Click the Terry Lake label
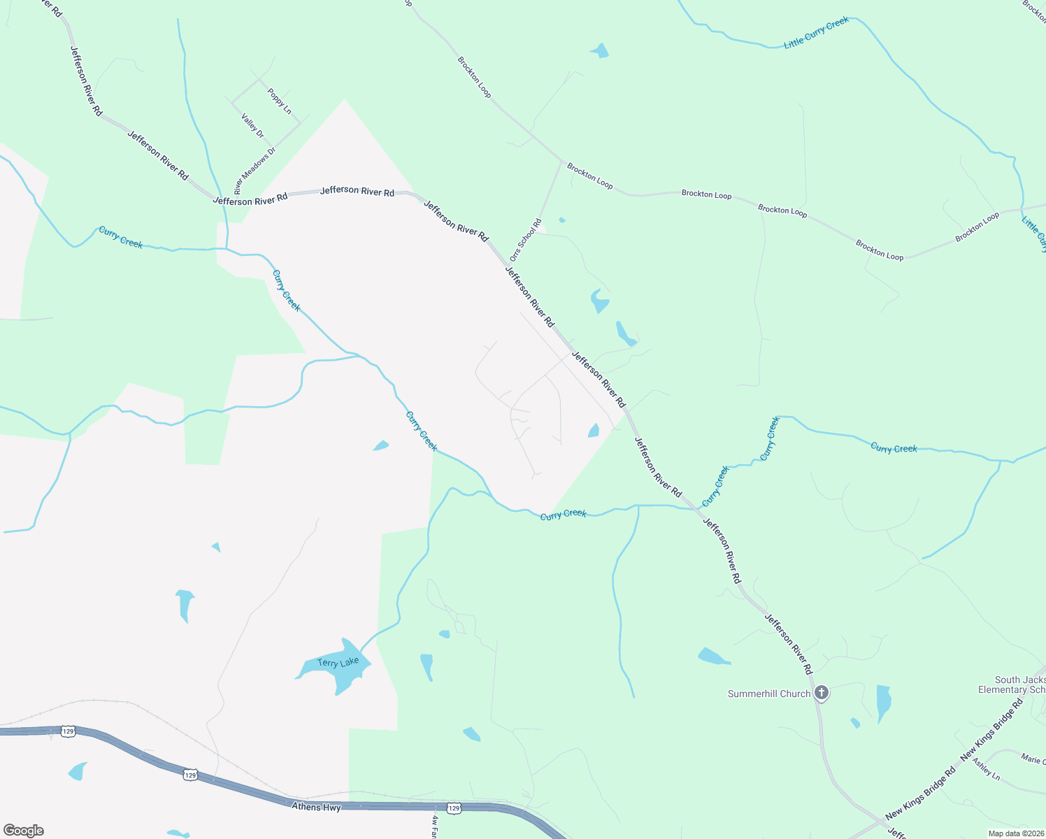pyautogui.click(x=338, y=662)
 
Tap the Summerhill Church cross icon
pyautogui.click(x=822, y=693)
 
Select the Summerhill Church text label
pyautogui.click(x=768, y=694)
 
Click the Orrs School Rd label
pyautogui.click(x=526, y=241)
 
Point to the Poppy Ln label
pyautogui.click(x=279, y=101)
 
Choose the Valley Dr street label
pyautogui.click(x=252, y=126)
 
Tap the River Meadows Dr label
pyautogui.click(x=255, y=171)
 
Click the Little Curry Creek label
pyautogui.click(x=816, y=33)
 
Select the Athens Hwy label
pyautogui.click(x=316, y=807)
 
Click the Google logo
pyautogui.click(x=24, y=830)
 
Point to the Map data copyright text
pyautogui.click(x=1016, y=833)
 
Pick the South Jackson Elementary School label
pyautogui.click(x=1020, y=684)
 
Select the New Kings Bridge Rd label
pyautogui.click(x=920, y=794)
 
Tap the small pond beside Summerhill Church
pyautogui.click(x=883, y=703)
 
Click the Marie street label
pyautogui.click(x=1033, y=759)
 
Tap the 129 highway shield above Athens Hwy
pyautogui.click(x=190, y=775)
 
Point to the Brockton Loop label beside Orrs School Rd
pyautogui.click(x=589, y=175)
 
